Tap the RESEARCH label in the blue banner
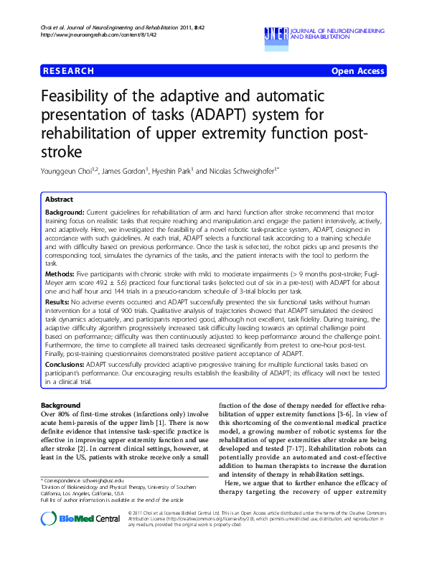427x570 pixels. pyautogui.click(x=68, y=70)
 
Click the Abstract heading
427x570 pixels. pyautogui.click(x=58, y=199)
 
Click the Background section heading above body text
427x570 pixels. pyautogui.click(x=61, y=406)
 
